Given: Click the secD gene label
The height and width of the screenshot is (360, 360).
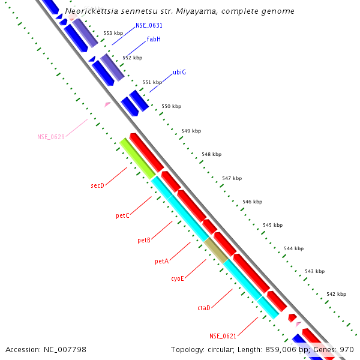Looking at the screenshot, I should coord(97,186).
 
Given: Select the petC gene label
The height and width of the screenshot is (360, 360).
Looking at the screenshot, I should coord(122,215).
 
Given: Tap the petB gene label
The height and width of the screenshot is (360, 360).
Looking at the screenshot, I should coord(144,241).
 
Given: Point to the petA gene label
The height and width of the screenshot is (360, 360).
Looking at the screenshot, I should coord(161,262).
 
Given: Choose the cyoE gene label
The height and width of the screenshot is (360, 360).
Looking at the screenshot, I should coord(178,278).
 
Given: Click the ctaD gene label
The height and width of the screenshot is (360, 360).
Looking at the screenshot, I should coord(204,308).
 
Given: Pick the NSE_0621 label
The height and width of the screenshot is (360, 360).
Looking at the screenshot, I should coord(223,336).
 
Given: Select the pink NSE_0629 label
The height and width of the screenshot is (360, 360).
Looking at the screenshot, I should coord(51,137).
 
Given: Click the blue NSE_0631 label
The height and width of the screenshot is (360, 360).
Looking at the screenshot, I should coord(149,26).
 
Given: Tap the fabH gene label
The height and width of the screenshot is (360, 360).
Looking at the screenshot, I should coord(154,40).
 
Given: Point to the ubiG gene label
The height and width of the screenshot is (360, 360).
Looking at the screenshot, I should coord(179,73).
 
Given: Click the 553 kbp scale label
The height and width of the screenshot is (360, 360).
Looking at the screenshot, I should coord(113,34).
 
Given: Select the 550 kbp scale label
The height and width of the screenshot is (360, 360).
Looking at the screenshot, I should coord(172,106).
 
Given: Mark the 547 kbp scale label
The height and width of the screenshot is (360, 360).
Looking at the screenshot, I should coord(232,178).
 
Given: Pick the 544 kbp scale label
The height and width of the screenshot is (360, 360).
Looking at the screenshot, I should coord(294,248).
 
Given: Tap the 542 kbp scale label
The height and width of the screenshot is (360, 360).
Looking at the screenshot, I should coord(336,294).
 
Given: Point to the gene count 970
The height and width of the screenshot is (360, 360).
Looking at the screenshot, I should coord(347,349).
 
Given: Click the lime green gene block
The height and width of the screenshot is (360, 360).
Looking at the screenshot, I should coord(137,158).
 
